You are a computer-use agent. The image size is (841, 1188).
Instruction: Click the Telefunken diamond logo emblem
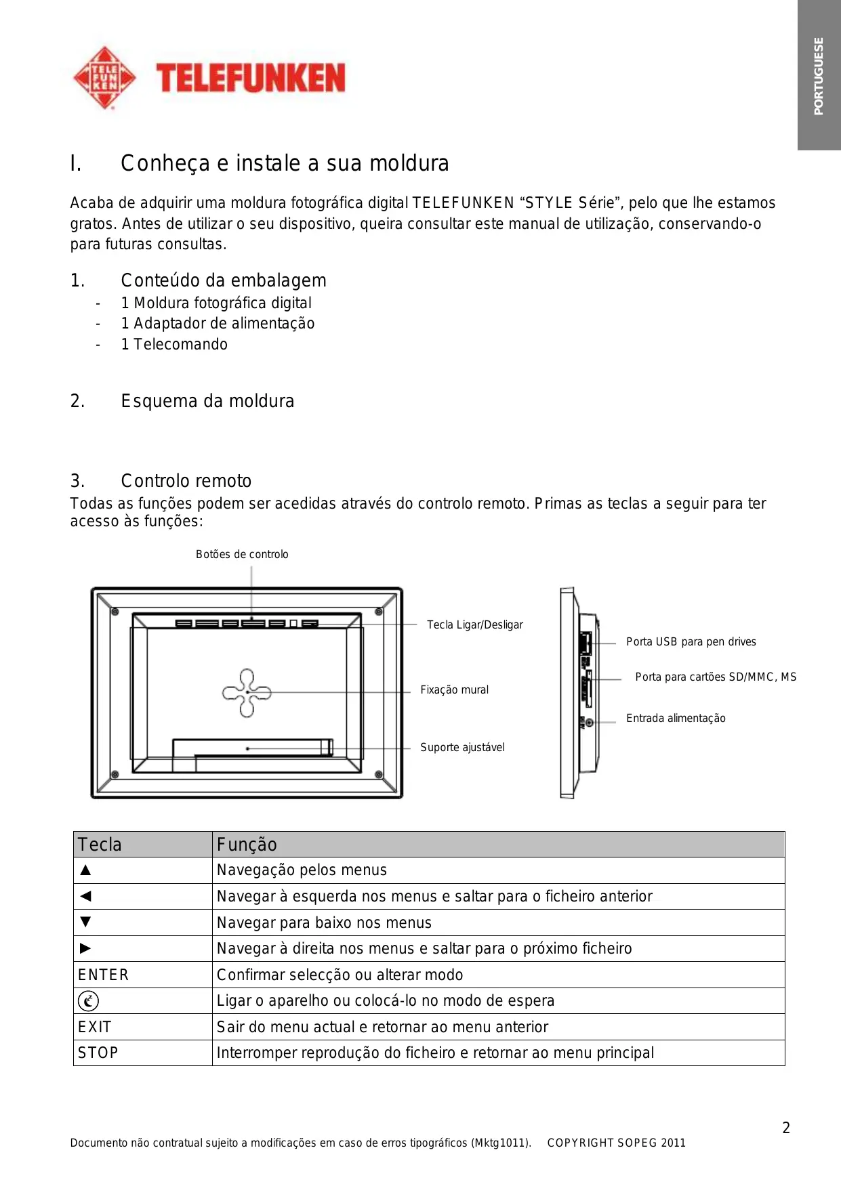coord(104,78)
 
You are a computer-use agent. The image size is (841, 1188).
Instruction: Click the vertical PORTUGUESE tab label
coord(819,76)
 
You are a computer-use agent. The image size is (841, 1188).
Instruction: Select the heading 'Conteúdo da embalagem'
coord(223,280)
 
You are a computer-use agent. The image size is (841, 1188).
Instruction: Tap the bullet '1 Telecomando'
coord(174,344)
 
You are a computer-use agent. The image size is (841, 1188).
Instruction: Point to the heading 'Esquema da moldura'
coord(207,401)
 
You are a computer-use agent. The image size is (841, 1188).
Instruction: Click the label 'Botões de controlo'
coord(242,554)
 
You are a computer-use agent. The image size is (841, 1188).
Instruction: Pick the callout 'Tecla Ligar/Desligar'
coord(474,624)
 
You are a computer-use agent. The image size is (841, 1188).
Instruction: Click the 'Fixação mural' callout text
coord(454,690)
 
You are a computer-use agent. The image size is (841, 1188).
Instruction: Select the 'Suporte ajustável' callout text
coord(462,747)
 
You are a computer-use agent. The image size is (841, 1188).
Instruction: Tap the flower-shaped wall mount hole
coord(247,692)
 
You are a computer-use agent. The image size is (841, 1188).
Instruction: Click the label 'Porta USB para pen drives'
coord(691,641)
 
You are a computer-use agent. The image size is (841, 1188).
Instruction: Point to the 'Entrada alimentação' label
coord(676,718)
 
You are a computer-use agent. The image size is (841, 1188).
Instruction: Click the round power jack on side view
coord(589,723)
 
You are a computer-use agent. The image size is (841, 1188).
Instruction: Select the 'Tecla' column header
coord(100,845)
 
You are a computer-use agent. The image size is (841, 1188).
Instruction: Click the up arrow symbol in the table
coord(85,870)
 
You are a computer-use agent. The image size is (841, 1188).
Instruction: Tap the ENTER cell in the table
coord(103,975)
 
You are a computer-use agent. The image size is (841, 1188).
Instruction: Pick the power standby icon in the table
coord(88,1001)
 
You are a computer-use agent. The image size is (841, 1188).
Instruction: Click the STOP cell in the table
coord(98,1053)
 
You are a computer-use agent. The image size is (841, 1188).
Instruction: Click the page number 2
coord(786,1128)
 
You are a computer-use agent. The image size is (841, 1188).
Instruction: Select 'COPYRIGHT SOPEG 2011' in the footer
coord(616,1143)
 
